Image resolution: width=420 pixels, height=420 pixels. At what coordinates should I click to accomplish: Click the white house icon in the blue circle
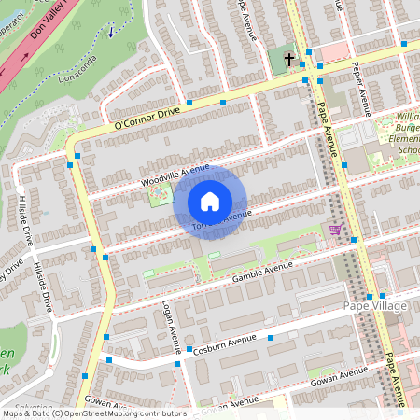pos(210,201)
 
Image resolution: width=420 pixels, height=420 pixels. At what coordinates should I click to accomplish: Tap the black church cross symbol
pos(289,60)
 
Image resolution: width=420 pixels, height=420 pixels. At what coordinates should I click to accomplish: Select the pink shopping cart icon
pos(335,229)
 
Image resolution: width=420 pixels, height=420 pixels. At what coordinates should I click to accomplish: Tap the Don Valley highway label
pos(51,39)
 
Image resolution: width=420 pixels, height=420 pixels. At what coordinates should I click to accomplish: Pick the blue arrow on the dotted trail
pos(113,32)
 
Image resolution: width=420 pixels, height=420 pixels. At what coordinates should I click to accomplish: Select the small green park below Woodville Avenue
pos(161,195)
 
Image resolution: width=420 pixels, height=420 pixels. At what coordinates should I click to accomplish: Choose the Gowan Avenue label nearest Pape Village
pos(341,374)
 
